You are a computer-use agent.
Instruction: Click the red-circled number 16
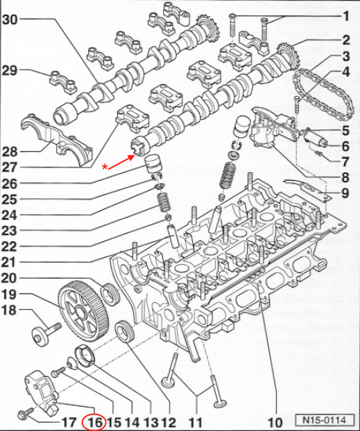94,422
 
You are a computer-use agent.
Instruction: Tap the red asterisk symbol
105,167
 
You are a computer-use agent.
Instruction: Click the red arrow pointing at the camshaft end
121,162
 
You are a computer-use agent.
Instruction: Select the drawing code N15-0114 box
325,420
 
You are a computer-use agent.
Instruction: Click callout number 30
10,20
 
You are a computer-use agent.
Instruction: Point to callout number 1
346,17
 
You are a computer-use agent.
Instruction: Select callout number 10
275,422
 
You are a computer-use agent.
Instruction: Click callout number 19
10,294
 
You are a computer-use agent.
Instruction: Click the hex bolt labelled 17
25,412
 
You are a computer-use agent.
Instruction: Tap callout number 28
10,152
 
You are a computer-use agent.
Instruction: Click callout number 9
345,193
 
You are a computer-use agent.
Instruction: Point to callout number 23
10,231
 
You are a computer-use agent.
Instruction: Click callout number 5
345,130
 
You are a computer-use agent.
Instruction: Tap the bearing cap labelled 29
63,82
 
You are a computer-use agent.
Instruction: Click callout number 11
196,422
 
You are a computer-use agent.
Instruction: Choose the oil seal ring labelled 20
110,293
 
